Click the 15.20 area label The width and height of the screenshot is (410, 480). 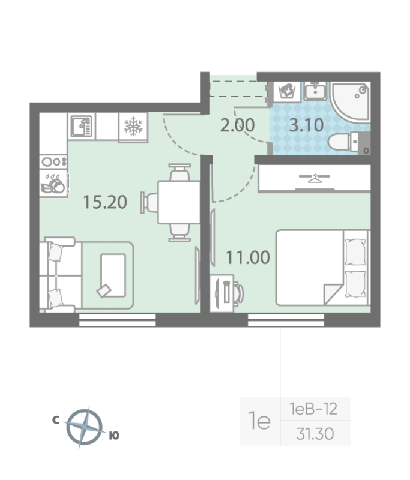[105, 202]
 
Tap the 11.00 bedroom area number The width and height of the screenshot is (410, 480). [248, 257]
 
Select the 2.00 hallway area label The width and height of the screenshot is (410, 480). [237, 125]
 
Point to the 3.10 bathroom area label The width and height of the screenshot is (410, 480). [306, 125]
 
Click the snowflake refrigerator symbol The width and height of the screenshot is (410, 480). [133, 126]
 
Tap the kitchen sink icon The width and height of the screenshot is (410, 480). [82, 126]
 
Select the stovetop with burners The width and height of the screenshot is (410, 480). [53, 161]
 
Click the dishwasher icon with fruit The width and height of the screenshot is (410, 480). [53, 184]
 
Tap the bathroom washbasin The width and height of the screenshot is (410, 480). [315, 91]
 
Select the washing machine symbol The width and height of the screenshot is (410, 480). [287, 91]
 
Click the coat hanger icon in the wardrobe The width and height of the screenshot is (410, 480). [314, 178]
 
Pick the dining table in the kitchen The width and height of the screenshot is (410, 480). [179, 202]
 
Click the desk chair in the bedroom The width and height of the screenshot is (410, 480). [239, 293]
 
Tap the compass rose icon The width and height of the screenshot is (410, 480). [84, 427]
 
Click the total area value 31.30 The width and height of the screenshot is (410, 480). [315, 434]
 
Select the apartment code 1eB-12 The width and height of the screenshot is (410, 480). [313, 409]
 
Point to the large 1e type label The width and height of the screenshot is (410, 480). [259, 421]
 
